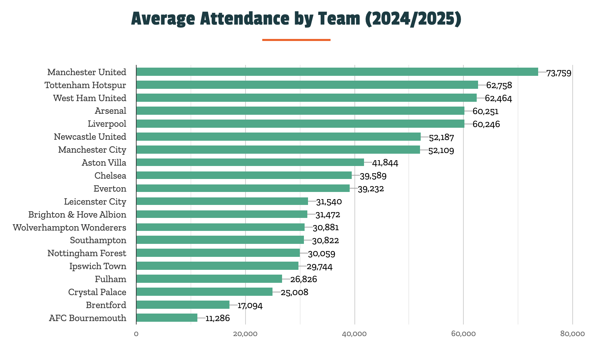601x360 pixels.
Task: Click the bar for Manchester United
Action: tap(337, 72)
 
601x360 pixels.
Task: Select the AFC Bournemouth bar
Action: tap(167, 318)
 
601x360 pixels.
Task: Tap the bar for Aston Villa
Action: tap(250, 162)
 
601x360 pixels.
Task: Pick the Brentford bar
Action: tap(183, 305)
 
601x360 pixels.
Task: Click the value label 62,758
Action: tap(499, 85)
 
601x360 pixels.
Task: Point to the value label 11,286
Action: tap(218, 318)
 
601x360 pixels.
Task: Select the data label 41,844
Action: tap(385, 163)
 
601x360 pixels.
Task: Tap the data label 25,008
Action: tap(294, 292)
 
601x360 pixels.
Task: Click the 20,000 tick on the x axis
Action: tap(245, 334)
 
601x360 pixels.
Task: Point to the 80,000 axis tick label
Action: tap(572, 334)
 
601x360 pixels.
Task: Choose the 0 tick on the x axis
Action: tap(136, 334)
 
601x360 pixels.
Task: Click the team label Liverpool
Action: tap(107, 124)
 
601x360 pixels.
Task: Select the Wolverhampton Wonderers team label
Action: tap(69, 227)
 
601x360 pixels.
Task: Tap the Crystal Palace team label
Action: tap(97, 292)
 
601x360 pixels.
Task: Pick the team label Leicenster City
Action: tap(95, 202)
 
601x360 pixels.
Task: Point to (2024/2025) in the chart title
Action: tap(413, 18)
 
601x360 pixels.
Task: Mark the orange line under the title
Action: tap(296, 40)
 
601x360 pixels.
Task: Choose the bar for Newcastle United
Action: tap(278, 137)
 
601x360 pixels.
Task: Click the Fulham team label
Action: tap(110, 279)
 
